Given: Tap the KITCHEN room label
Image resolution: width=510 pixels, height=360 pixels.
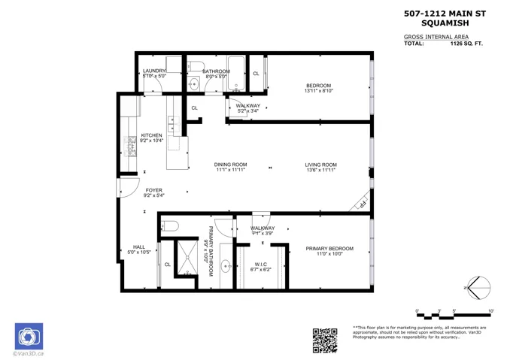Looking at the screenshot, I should [x=151, y=135].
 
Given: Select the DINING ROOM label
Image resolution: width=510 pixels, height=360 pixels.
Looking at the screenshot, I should [x=231, y=165].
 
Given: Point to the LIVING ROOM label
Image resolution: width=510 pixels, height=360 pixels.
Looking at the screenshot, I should [x=320, y=165].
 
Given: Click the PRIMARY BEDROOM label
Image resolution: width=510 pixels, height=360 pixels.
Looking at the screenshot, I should [x=329, y=249].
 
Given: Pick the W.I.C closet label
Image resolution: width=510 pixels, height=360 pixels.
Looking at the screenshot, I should [x=261, y=264].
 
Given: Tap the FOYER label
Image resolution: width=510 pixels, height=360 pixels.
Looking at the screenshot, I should [x=153, y=191].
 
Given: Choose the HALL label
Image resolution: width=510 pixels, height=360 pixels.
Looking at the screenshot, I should [x=139, y=247].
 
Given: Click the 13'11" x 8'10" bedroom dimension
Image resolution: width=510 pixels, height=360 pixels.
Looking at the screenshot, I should [x=318, y=92].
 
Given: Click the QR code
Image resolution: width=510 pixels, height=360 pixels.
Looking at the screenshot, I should [x=325, y=340].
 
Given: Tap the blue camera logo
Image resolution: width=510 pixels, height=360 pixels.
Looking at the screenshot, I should [x=29, y=336].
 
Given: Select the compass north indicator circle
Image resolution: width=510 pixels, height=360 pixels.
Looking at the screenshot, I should [x=479, y=287].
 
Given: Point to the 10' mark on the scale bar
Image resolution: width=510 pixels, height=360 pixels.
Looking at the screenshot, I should [x=490, y=310].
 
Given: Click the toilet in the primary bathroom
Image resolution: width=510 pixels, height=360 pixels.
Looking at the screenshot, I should [x=171, y=225].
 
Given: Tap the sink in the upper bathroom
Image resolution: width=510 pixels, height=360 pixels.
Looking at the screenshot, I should [x=193, y=84].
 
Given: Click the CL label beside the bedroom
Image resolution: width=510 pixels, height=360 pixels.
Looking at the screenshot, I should [x=256, y=74].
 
